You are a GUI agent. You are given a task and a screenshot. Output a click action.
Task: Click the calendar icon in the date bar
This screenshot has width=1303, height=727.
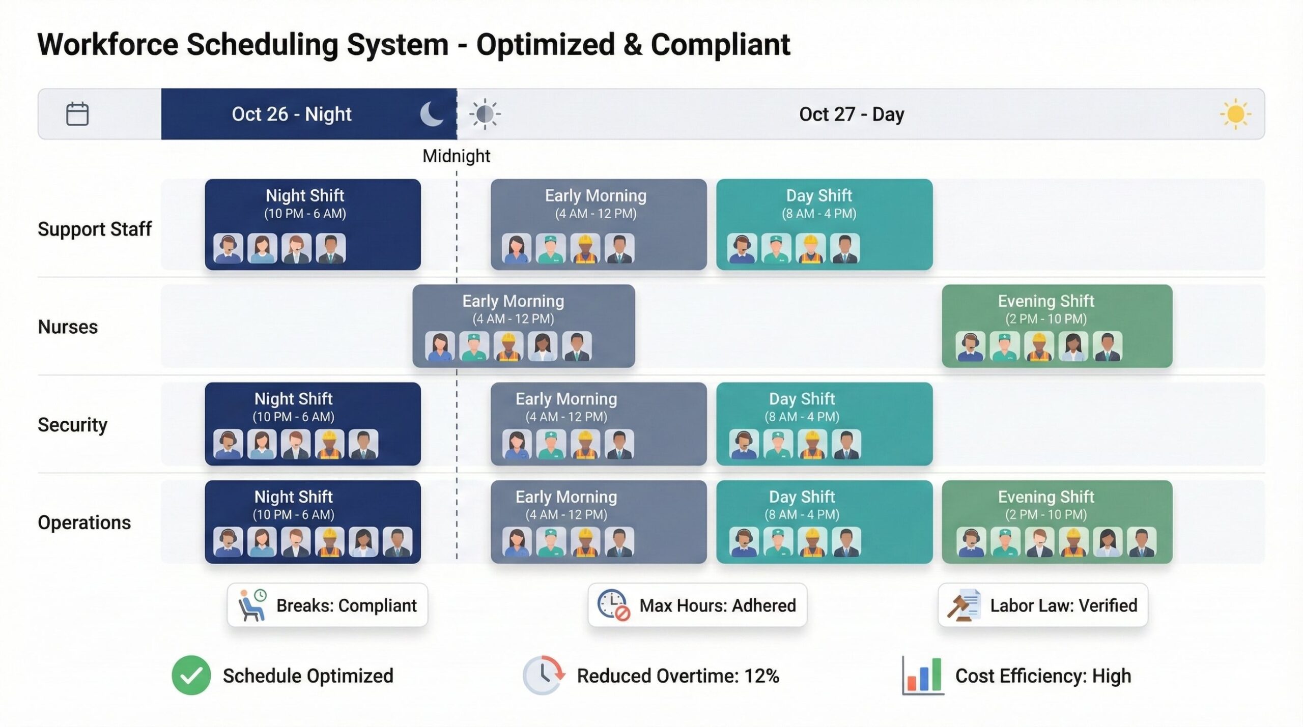(x=77, y=114)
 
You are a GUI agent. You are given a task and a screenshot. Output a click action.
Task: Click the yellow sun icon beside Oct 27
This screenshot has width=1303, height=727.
(x=1235, y=114)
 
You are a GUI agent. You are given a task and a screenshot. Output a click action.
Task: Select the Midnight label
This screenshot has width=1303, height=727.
(x=456, y=156)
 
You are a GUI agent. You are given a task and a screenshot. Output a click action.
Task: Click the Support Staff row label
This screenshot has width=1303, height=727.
(x=95, y=229)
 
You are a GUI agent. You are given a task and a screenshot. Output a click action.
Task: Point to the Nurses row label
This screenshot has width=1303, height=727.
(x=68, y=327)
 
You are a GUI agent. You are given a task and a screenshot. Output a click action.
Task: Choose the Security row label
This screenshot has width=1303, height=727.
(x=72, y=424)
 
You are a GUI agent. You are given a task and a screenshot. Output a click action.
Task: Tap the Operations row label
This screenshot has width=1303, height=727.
(x=84, y=522)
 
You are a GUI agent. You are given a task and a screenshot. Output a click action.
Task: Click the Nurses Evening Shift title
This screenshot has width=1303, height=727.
(x=1045, y=301)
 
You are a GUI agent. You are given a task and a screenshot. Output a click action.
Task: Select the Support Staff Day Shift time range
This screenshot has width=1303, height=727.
(x=819, y=214)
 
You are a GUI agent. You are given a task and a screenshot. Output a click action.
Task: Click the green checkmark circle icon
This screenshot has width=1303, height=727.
(x=191, y=675)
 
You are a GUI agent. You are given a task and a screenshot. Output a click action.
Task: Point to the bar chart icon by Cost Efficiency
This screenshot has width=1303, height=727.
(x=923, y=676)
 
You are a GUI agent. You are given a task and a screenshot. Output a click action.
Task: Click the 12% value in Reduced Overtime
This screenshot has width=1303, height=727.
(x=761, y=676)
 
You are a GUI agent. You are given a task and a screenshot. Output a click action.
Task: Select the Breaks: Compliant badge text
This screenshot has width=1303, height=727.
(x=346, y=605)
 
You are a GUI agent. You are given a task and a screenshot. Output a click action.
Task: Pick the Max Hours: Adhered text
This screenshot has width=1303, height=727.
(x=717, y=605)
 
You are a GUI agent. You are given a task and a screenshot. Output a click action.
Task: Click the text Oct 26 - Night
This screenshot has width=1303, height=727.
(x=291, y=114)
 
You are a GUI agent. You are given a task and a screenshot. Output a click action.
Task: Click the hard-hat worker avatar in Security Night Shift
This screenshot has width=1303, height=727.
(x=329, y=444)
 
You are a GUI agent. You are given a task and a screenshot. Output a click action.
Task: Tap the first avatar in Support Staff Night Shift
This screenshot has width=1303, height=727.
(x=228, y=248)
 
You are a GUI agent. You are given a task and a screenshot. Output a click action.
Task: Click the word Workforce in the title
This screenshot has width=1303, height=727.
(x=108, y=44)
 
